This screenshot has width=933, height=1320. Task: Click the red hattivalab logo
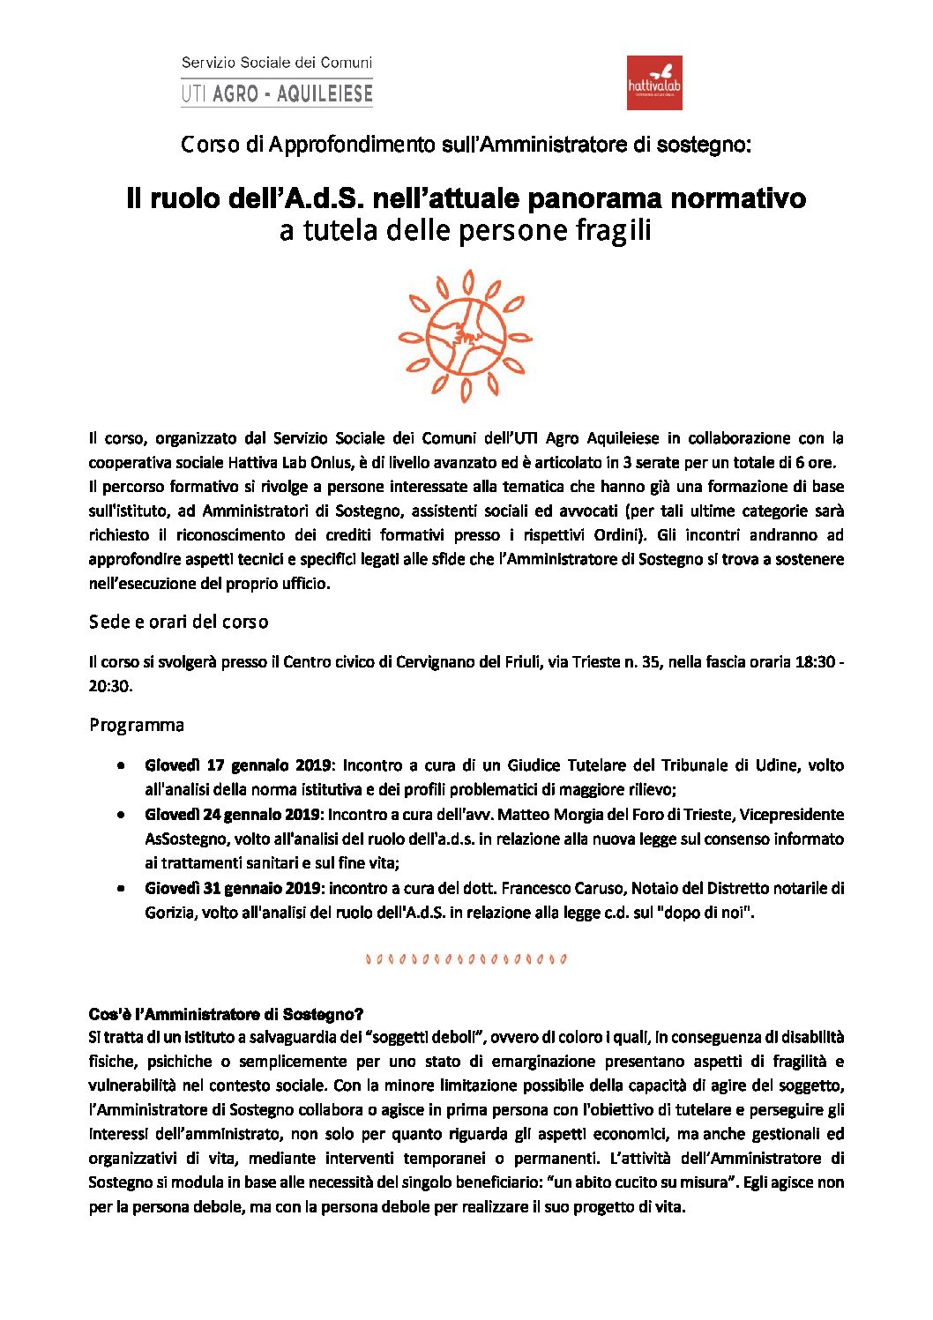653,83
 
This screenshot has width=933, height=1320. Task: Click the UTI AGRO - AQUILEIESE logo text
277,93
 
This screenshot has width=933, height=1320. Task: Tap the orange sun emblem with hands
465,336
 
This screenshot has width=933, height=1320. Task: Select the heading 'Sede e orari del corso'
178,622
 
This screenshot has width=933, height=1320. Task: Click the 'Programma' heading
137,725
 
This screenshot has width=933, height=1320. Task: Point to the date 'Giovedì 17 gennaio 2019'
238,765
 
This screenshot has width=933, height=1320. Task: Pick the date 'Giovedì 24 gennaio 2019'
234,814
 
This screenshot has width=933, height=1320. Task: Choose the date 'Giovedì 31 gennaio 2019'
234,888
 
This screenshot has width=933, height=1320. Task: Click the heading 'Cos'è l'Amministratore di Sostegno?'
226,1014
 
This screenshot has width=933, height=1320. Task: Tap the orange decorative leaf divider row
466,958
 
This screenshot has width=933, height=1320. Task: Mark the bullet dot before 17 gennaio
120,765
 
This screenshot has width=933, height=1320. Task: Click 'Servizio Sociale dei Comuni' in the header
277,63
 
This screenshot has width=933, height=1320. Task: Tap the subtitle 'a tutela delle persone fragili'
465,230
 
